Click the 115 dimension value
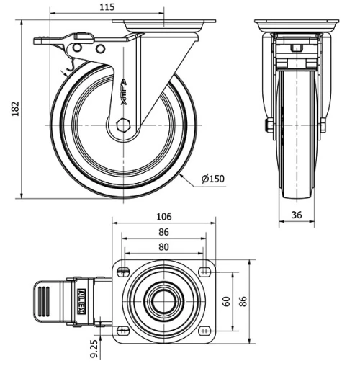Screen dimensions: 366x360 (107, 7)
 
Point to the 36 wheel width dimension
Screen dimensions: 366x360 (297, 214)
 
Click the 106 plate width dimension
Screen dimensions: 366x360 (163, 217)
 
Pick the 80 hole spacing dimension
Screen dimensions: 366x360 (163, 246)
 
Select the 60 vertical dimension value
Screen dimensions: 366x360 (227, 300)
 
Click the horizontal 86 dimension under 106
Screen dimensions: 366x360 (163, 232)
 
